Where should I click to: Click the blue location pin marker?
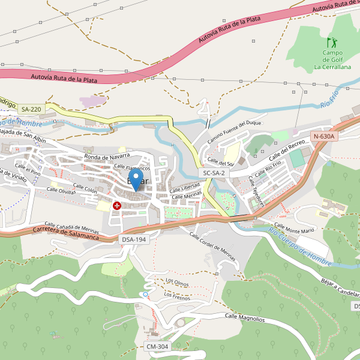click(x=137, y=179)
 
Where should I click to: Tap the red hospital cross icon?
click(x=117, y=205)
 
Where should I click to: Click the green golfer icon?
click(x=332, y=43)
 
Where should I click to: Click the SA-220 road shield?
click(x=31, y=109)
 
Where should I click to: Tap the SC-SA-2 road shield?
click(x=214, y=173)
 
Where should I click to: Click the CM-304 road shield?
click(x=158, y=347)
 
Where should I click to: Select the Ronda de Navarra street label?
click(x=107, y=157)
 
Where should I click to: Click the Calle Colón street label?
click(x=85, y=188)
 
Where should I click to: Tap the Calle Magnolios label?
click(x=244, y=317)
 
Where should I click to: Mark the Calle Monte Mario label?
click(x=291, y=230)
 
